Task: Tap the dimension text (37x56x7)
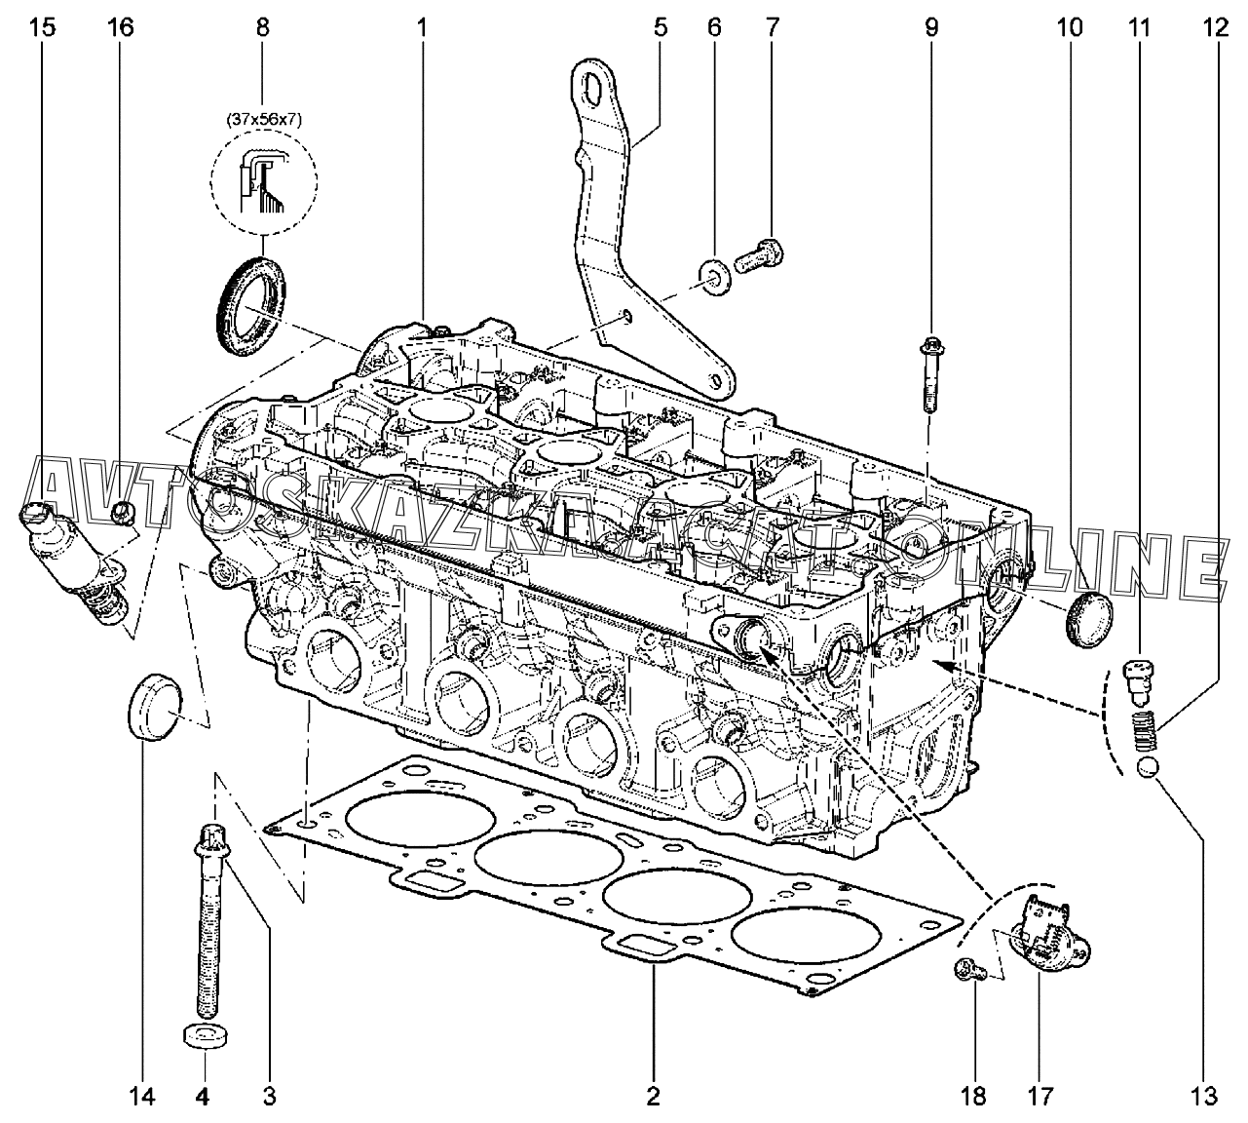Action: click(x=264, y=120)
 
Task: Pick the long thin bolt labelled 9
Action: click(x=928, y=374)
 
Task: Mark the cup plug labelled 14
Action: click(x=154, y=704)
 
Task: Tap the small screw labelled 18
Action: click(x=967, y=968)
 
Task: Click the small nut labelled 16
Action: click(x=123, y=512)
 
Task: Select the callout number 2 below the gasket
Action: click(x=653, y=1098)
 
